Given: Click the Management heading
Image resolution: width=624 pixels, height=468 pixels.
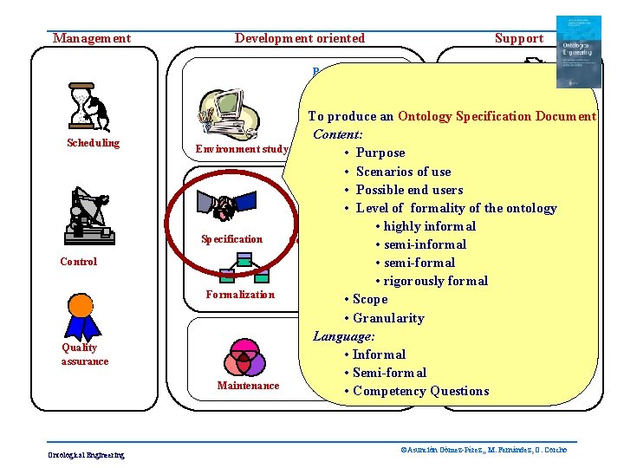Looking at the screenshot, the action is coord(92,38).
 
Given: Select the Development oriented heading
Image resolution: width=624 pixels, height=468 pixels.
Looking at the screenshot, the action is coord(300,38).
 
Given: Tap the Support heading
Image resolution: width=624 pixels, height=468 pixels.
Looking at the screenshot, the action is coord(518,38).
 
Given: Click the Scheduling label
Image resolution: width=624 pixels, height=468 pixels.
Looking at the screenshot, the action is coord(94,143).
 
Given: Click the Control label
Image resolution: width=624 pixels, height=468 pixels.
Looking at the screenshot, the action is coord(79,262).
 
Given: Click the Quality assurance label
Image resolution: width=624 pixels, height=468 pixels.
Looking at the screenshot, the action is coord(84,354).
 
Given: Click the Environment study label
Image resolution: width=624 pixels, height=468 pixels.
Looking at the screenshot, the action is coord(241,149).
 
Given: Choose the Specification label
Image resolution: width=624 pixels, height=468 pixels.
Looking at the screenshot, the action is coord(231,239).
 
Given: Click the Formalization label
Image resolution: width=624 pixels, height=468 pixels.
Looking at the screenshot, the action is coord(240,295).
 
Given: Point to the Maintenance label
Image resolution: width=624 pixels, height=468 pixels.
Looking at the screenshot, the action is coord(248,386).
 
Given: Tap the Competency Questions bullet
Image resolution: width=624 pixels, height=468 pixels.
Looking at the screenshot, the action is coord(420,391).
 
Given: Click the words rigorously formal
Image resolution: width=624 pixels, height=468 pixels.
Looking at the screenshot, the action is coord(436,281).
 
